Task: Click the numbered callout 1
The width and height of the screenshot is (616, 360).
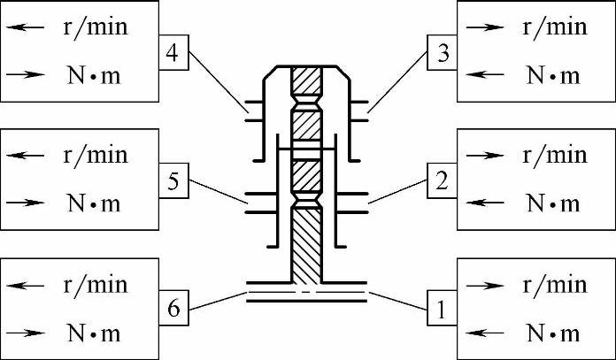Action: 442,310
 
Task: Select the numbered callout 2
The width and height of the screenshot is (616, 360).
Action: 442,180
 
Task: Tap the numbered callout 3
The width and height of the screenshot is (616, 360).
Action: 442,52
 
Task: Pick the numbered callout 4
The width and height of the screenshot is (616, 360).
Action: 173,52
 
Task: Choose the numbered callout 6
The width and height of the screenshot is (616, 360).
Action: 173,310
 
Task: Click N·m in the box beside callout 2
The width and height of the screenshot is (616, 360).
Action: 553,203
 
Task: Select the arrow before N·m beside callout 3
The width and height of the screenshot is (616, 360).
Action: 481,74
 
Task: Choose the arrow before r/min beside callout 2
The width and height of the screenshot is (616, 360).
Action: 481,156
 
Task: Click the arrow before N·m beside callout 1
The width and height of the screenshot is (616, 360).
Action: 481,333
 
